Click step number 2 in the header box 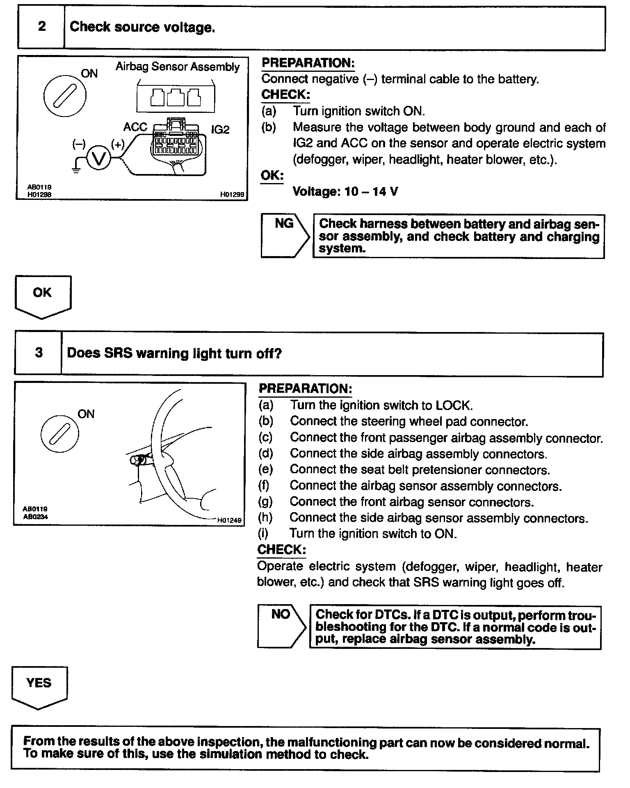[x=42, y=27]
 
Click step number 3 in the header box [x=39, y=353]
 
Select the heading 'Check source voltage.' [x=142, y=27]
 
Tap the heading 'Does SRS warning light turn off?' [x=174, y=353]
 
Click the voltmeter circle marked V [x=98, y=159]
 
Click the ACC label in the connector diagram [x=135, y=127]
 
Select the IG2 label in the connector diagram [x=220, y=130]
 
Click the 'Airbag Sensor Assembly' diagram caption [x=177, y=67]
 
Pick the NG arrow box [x=285, y=235]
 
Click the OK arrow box [x=43, y=296]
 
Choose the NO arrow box [x=281, y=626]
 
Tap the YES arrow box [x=39, y=687]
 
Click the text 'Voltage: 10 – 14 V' [x=345, y=192]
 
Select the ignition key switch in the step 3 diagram [x=60, y=435]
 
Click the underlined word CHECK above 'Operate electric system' [x=281, y=550]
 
